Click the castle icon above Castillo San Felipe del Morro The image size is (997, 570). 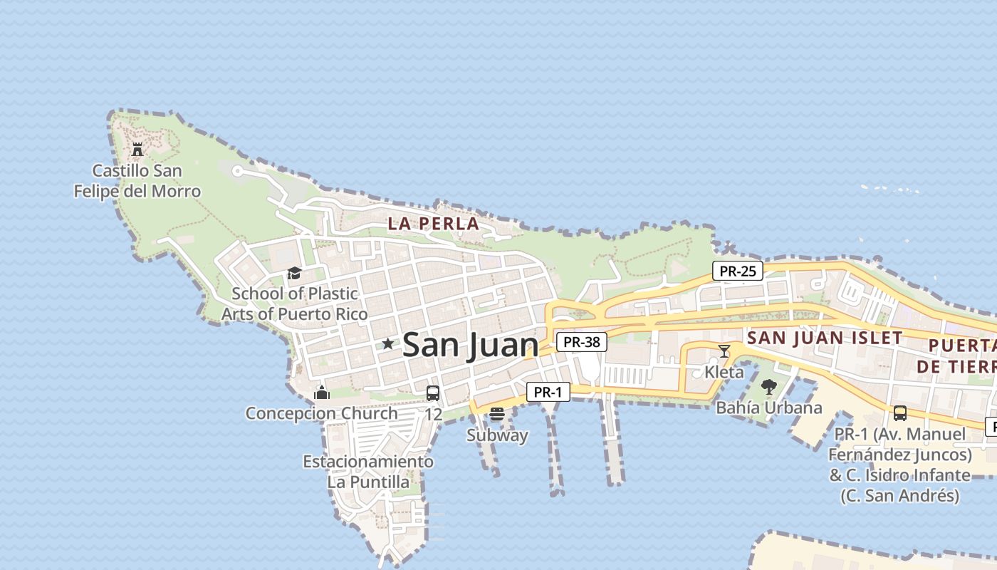(x=137, y=150)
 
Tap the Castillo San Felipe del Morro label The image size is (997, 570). (x=137, y=181)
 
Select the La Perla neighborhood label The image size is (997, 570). (x=433, y=224)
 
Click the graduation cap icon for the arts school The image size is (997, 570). (x=294, y=273)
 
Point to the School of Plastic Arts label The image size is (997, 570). (x=295, y=304)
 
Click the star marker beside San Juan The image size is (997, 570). (x=387, y=344)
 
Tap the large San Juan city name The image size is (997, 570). (x=470, y=346)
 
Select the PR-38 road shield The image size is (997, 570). (x=581, y=342)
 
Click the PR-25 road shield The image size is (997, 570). (x=737, y=271)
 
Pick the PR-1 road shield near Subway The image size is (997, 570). (x=548, y=392)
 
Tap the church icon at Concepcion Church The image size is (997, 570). (x=322, y=393)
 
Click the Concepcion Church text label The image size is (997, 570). (x=322, y=413)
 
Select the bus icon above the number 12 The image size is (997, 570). (x=433, y=393)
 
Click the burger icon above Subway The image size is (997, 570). (x=497, y=414)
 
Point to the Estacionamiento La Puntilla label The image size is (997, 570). (x=368, y=472)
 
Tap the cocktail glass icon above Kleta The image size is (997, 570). (x=724, y=351)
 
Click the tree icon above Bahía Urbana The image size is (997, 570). (x=768, y=387)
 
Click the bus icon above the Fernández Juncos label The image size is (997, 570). (x=900, y=413)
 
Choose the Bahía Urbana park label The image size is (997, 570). (x=769, y=408)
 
